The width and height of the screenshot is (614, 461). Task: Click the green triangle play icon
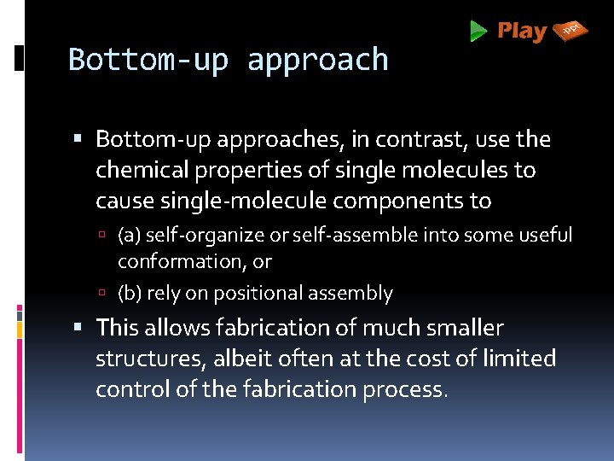(x=478, y=32)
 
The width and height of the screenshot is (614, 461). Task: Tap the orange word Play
(x=521, y=32)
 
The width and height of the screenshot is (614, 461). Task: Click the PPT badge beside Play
(x=571, y=31)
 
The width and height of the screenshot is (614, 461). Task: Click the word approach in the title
(x=318, y=60)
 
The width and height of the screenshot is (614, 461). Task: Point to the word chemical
(x=142, y=170)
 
